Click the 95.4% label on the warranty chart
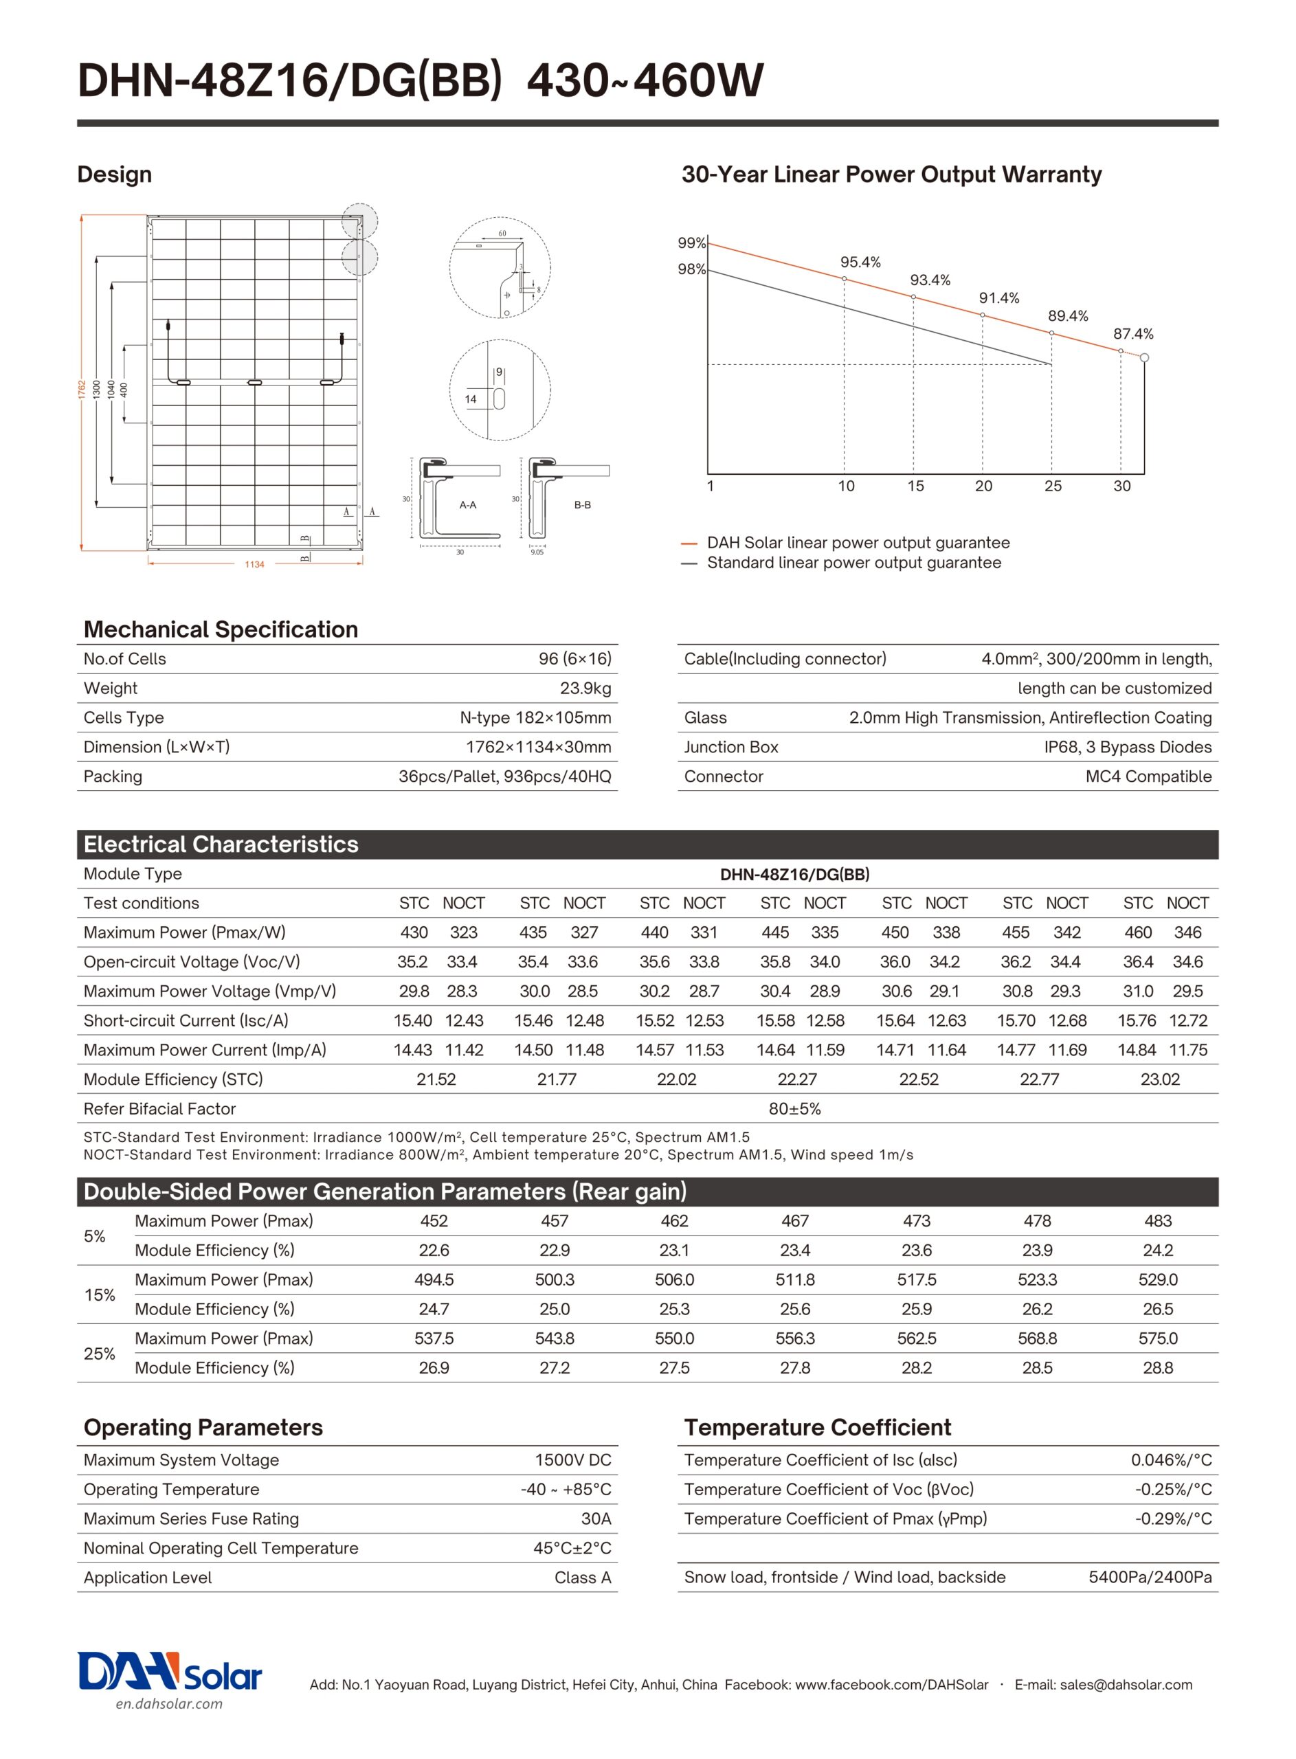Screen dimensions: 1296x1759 (860, 262)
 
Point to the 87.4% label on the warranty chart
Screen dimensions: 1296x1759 (1133, 334)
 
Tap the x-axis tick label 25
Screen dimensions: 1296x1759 (1053, 486)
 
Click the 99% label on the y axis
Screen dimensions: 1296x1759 (691, 243)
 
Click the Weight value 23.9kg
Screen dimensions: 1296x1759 (585, 688)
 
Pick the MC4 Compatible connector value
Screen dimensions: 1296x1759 (1148, 776)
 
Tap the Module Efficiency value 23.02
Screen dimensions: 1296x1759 (1159, 1079)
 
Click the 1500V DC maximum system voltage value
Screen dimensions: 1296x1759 (572, 1460)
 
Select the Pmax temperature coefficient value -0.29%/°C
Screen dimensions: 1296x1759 (1173, 1519)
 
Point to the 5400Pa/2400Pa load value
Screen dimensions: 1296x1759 (1150, 1578)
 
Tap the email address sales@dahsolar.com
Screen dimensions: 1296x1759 (1103, 1685)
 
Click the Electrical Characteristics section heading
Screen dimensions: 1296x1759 (221, 844)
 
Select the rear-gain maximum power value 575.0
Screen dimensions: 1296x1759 (1158, 1338)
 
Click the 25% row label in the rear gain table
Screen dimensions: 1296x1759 (100, 1354)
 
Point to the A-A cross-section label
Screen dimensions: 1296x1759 (467, 505)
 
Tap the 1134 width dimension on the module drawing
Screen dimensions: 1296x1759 (254, 565)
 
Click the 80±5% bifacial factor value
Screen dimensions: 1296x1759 (794, 1109)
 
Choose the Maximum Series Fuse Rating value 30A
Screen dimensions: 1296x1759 (596, 1519)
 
